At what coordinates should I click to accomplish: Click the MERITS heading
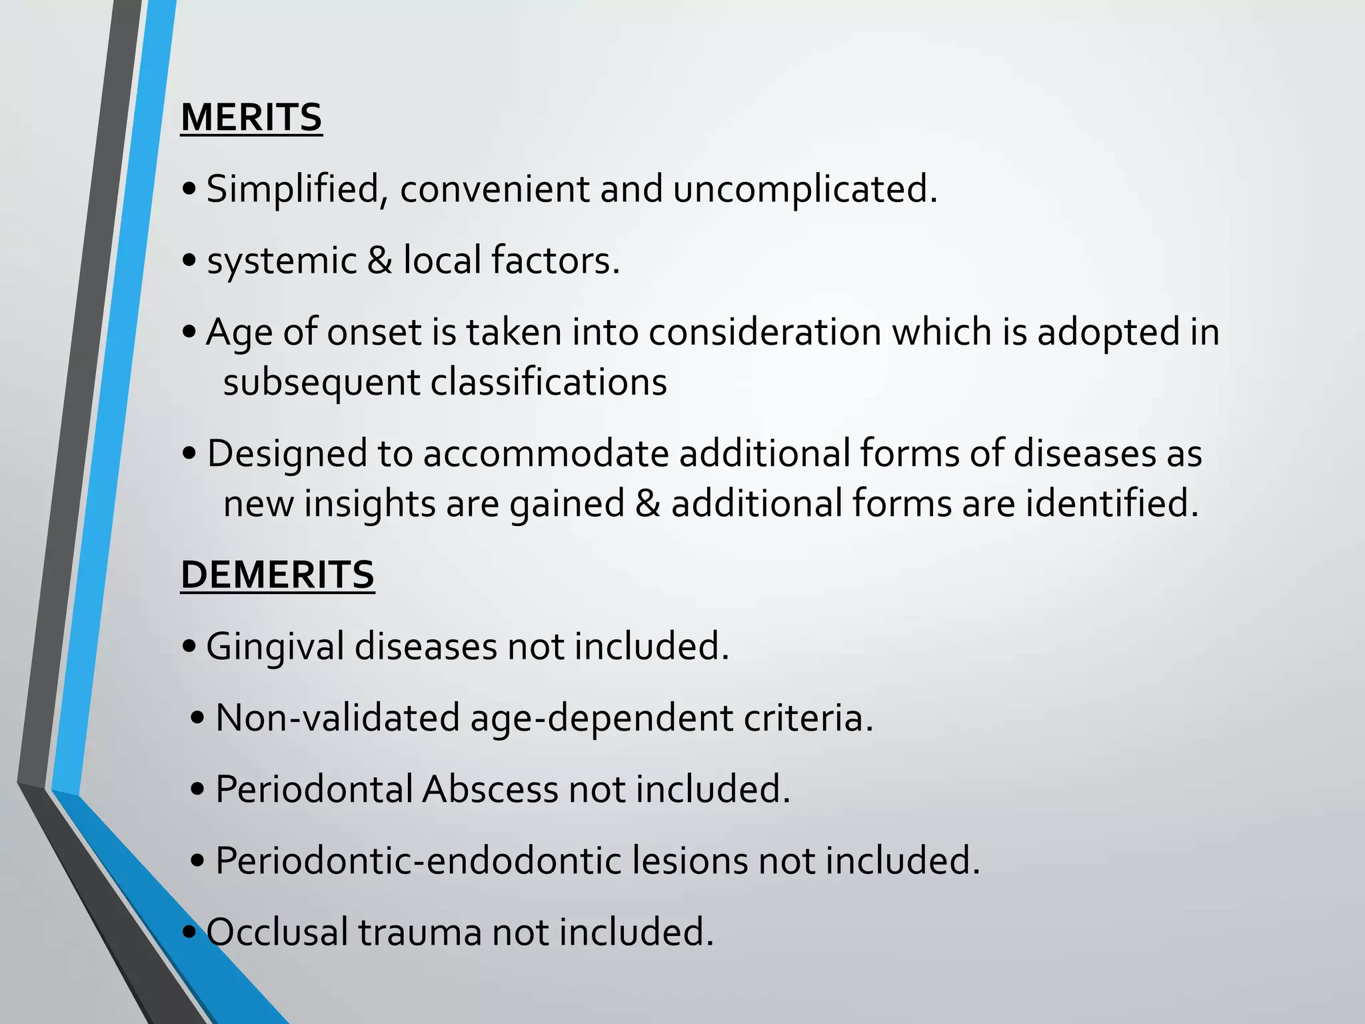pos(251,117)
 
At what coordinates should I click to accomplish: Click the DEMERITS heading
pos(277,575)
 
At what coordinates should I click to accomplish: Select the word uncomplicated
pos(804,189)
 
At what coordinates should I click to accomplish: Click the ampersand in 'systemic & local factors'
pos(379,260)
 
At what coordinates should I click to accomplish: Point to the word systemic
pos(282,261)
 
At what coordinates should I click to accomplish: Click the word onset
pos(374,332)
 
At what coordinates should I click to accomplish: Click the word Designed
pos(287,454)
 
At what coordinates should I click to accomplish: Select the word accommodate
pos(546,454)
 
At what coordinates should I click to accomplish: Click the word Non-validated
pos(338,718)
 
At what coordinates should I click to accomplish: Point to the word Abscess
pos(490,789)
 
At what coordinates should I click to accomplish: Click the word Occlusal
pos(277,932)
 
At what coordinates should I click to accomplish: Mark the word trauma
pos(420,932)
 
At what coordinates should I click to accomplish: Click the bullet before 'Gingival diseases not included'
pos(189,647)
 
